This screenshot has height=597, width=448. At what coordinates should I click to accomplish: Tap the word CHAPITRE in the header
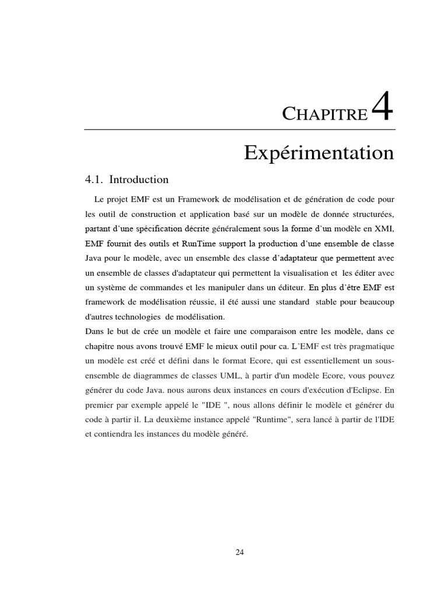point(325,114)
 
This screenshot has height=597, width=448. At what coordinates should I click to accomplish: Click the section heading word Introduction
point(139,180)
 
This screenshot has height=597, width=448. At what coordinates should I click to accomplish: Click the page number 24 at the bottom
point(240,553)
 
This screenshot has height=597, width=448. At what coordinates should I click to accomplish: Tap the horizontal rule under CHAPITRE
point(240,129)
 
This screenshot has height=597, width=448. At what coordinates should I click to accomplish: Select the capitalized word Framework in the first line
point(191,198)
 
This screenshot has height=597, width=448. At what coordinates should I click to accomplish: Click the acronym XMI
point(384,226)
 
